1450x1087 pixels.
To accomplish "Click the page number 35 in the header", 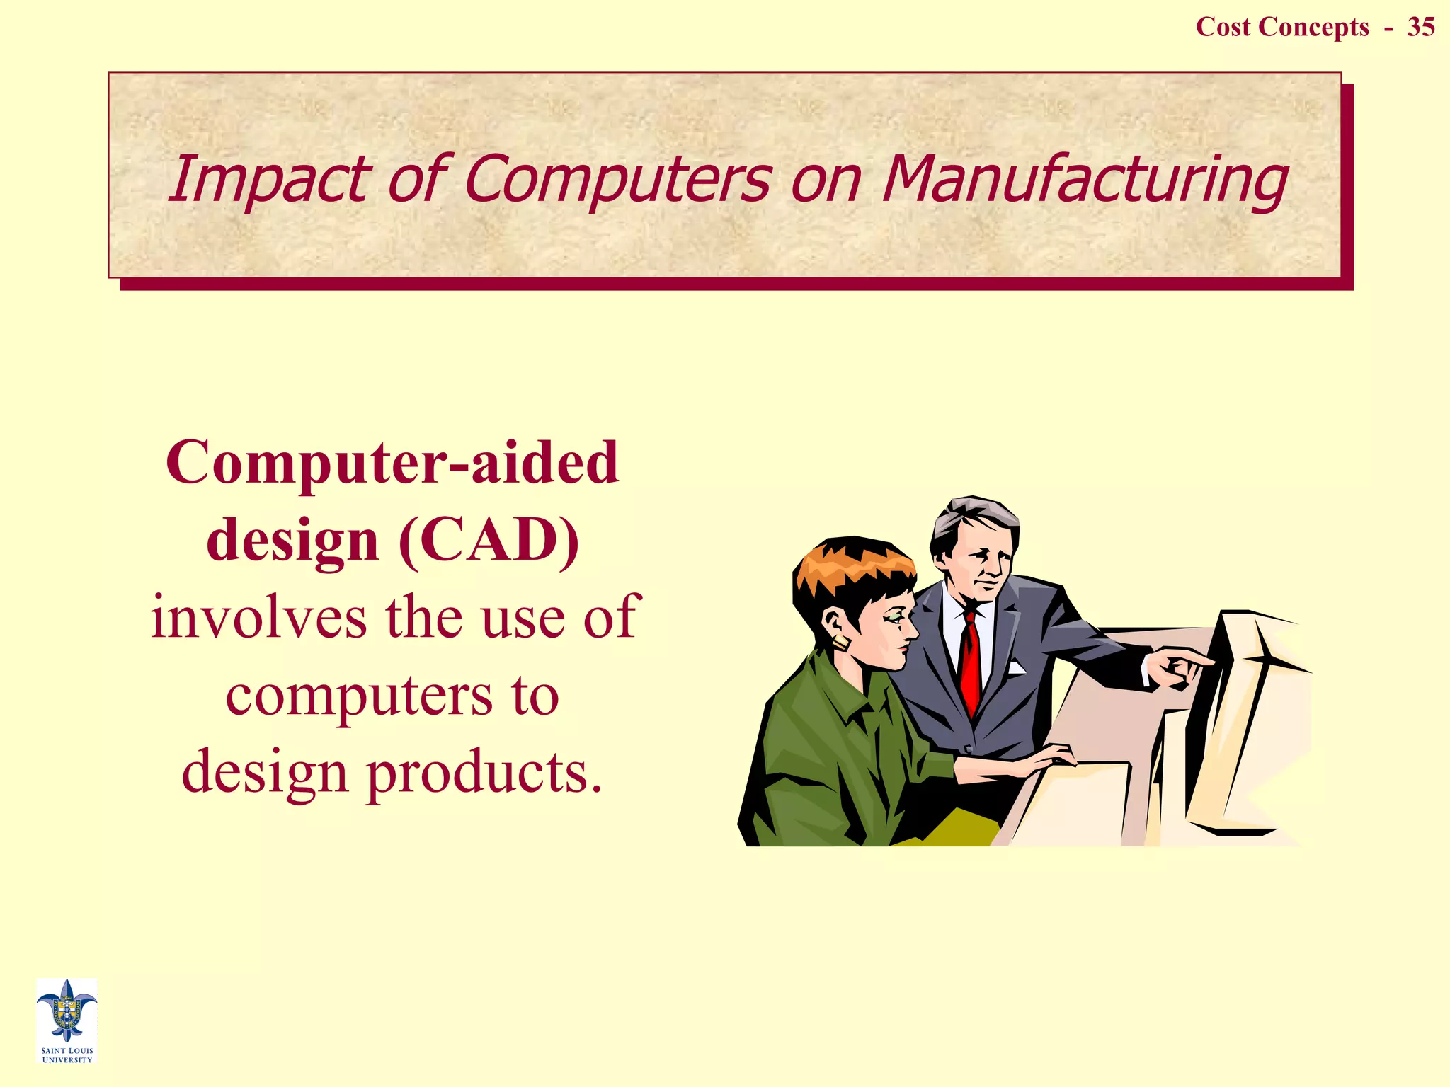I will point(1420,27).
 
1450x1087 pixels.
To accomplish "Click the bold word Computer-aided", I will point(393,464).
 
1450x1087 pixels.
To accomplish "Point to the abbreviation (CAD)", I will point(489,541).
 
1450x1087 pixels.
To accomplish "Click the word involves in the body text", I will point(258,618).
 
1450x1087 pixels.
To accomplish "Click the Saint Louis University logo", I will point(67,1020).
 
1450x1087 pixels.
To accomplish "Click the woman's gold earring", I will point(841,643).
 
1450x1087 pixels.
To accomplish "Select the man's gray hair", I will point(974,517).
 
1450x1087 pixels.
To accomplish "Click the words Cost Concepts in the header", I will point(1281,27).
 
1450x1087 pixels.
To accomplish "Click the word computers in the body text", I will point(358,696).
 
